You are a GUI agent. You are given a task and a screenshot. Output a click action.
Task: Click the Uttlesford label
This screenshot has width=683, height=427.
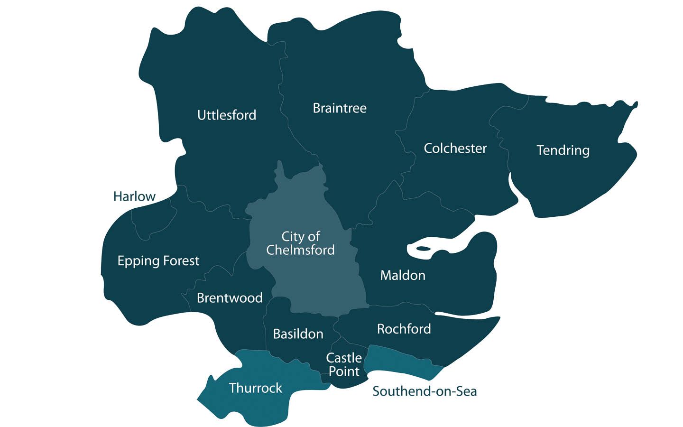click(x=226, y=115)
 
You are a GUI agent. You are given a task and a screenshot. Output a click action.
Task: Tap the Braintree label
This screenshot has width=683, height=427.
click(x=339, y=108)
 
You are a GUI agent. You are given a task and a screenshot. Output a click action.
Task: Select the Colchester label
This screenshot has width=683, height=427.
click(x=455, y=149)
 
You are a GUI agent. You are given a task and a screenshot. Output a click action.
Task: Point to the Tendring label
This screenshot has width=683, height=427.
click(x=563, y=150)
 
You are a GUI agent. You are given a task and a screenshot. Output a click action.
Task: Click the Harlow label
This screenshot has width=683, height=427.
click(x=134, y=196)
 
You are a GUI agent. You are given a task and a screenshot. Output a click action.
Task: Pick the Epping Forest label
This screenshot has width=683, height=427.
click(x=158, y=261)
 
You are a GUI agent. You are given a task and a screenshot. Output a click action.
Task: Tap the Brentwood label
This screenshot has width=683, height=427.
click(x=230, y=298)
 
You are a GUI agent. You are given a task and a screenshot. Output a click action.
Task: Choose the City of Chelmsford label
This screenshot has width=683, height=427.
click(x=300, y=243)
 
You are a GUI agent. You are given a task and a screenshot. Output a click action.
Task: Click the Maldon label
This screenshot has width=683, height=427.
click(x=403, y=275)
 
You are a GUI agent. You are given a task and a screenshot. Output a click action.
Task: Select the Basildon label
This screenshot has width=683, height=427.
click(x=298, y=334)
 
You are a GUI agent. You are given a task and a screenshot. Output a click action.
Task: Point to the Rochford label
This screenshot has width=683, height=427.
click(x=404, y=329)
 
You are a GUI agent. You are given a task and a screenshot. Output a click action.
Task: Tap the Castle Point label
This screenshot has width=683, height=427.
click(x=344, y=364)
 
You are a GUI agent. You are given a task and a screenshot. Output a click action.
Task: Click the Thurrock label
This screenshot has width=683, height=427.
click(x=255, y=388)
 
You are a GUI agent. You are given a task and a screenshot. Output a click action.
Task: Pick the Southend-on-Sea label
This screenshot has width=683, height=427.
click(x=425, y=391)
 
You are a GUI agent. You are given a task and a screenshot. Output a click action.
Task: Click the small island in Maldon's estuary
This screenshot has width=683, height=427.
click(x=423, y=248)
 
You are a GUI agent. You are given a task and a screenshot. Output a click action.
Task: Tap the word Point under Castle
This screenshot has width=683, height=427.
click(x=344, y=371)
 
